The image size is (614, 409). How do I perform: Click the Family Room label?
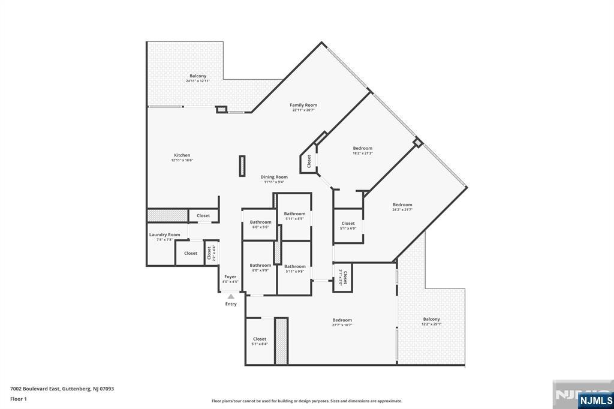pos(303,105)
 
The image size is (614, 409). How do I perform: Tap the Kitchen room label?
pos(182,155)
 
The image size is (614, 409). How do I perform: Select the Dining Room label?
pos(274,177)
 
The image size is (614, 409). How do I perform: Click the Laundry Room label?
pos(164,234)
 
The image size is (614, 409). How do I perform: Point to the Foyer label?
pos(230,277)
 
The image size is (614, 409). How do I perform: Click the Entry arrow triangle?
pos(231,296)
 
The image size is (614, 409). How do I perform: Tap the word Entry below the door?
pos(231,304)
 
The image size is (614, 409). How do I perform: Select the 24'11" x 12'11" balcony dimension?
pos(198,81)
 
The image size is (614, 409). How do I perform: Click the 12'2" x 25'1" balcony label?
pos(431,324)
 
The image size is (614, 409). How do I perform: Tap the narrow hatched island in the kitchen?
pos(242,166)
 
